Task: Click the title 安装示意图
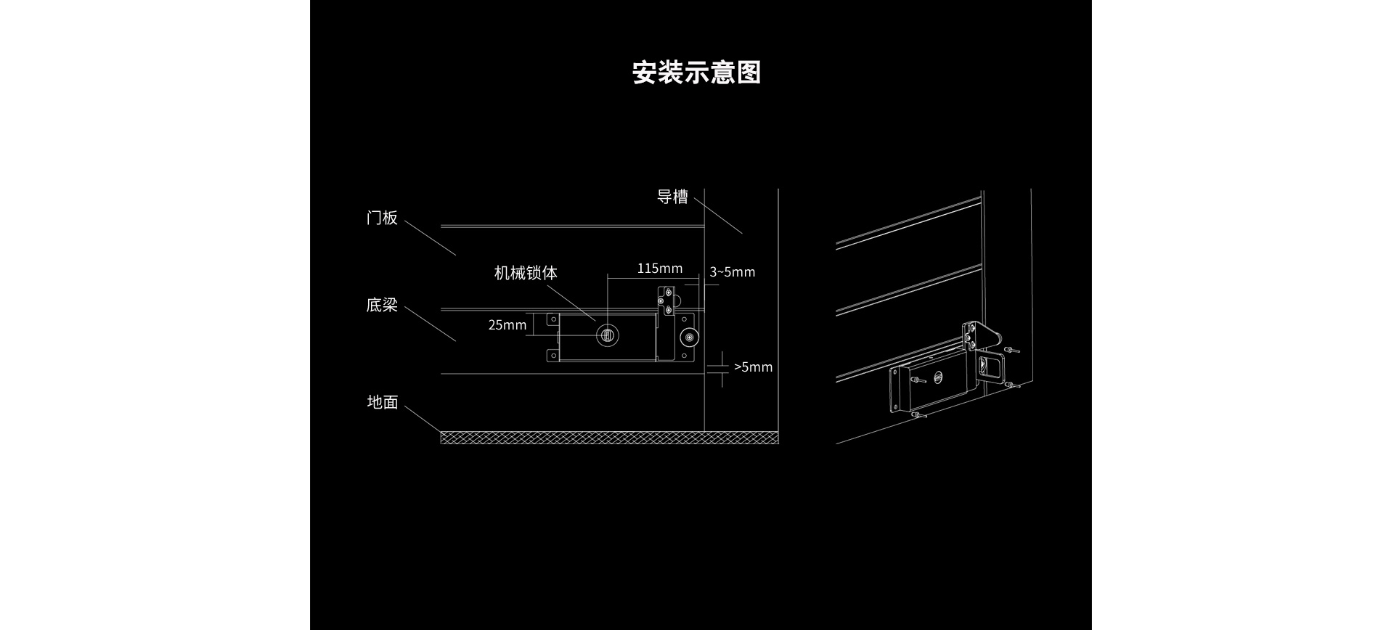[696, 73]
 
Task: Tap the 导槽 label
[672, 197]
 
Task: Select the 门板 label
[382, 218]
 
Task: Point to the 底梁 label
[382, 305]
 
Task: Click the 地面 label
[382, 402]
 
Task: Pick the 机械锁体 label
[526, 273]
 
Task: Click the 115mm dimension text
[659, 269]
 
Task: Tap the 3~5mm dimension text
[732, 272]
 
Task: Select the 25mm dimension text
[507, 325]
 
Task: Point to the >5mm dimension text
[753, 367]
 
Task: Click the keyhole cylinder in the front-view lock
[608, 335]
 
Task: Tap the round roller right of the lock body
[687, 338]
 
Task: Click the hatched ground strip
[608, 437]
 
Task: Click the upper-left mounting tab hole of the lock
[552, 319]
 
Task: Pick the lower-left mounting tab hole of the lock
[552, 355]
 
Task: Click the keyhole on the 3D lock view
[939, 377]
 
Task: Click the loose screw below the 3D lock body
[918, 415]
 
